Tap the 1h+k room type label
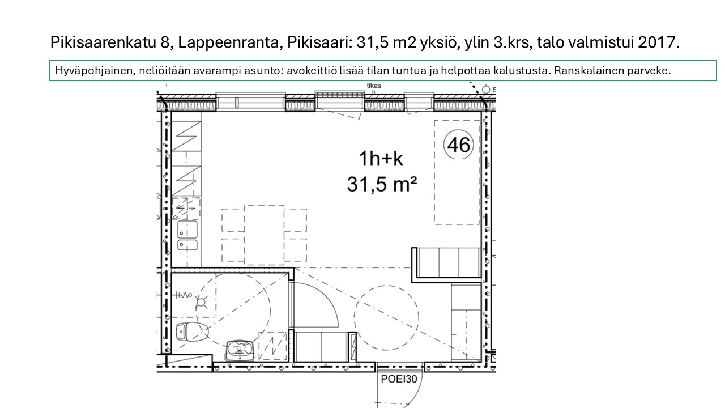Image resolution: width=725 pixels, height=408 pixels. (381, 159)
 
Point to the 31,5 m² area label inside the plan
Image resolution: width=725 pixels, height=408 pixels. (382, 184)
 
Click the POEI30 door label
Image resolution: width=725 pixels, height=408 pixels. (399, 379)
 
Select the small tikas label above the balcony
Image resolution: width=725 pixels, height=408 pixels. (374, 86)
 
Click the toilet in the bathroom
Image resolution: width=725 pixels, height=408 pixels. (192, 331)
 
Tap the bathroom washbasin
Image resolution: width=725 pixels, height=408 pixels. (240, 350)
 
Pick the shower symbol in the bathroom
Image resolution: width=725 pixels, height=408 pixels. (201, 302)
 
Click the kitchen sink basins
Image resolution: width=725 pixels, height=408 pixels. (187, 235)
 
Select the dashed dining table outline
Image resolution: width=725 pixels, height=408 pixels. (265, 235)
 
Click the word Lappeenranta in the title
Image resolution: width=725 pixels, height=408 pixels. (228, 42)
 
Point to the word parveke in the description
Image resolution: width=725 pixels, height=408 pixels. (649, 71)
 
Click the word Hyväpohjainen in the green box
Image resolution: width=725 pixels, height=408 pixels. (95, 71)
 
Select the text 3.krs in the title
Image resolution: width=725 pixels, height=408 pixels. (513, 42)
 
